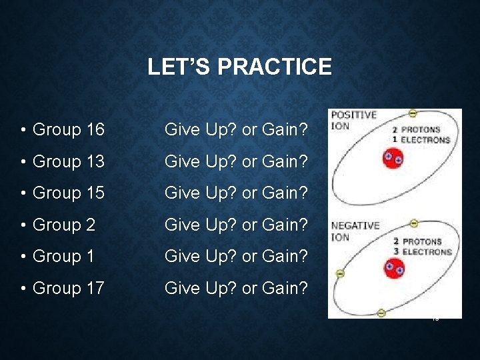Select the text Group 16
[68, 129]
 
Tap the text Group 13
[68, 161]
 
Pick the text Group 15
[68, 193]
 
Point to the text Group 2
[64, 225]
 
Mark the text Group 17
[68, 289]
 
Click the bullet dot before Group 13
[23, 162]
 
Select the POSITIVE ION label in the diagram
[353, 120]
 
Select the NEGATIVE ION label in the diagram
[355, 231]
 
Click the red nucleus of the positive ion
[393, 159]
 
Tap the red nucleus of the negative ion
[394, 269]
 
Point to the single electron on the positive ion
[413, 113]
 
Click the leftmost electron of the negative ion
[340, 273]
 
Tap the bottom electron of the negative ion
[381, 313]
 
